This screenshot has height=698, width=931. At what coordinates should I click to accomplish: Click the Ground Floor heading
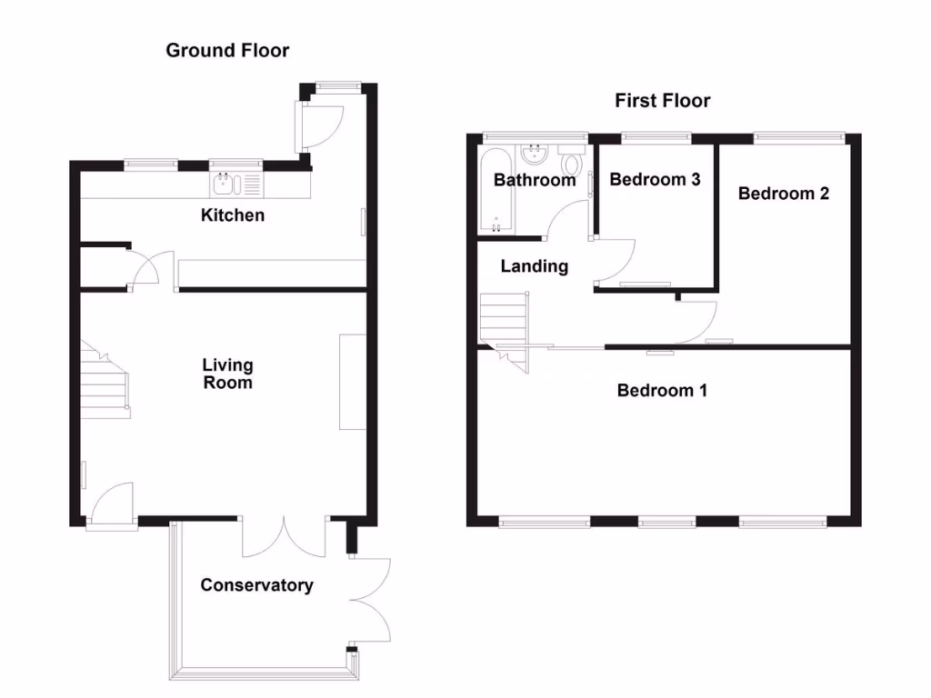227,51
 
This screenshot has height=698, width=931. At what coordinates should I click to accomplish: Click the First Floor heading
662,100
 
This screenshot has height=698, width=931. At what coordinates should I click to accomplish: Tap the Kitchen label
233,215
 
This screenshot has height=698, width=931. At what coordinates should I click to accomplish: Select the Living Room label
227,374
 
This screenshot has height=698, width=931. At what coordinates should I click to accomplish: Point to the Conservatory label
256,585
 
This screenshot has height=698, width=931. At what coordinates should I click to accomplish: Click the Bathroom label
534,180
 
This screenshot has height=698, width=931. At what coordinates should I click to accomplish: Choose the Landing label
534,266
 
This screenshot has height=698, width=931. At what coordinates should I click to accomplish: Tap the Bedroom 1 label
662,390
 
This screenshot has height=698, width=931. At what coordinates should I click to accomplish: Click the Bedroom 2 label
783,194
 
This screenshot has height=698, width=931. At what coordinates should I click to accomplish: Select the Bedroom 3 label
655,179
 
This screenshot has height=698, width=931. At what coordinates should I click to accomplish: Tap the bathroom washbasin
534,154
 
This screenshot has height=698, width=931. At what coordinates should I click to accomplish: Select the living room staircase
102,384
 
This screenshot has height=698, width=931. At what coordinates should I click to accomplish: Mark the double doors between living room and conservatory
285,538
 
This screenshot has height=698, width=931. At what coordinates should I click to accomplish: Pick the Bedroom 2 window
799,138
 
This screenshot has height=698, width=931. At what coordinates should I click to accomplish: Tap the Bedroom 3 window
656,138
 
